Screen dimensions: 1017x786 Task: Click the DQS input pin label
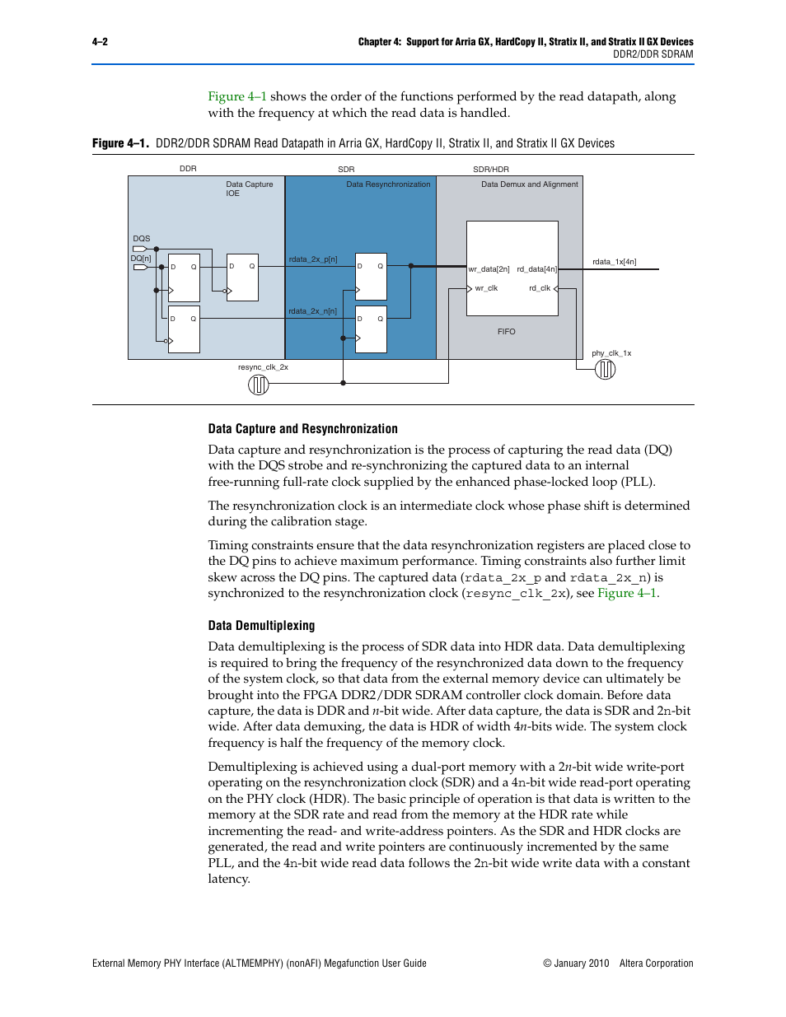(x=142, y=239)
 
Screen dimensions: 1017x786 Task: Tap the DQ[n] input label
(x=141, y=259)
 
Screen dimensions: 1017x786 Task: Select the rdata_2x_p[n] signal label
(x=313, y=259)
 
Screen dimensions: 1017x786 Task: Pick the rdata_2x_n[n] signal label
(x=312, y=311)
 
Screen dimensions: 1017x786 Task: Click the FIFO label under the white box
(x=506, y=332)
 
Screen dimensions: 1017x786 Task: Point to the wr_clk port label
(x=486, y=288)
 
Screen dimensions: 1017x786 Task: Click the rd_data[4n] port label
(x=537, y=269)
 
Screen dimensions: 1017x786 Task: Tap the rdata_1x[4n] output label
(x=614, y=262)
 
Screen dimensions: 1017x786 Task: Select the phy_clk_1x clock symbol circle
(x=606, y=370)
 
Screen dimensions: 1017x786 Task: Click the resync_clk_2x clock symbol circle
(x=259, y=385)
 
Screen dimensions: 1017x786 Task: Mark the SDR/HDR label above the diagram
(x=491, y=169)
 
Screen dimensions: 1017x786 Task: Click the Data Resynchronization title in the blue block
(x=388, y=184)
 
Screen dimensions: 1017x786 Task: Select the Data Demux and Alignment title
(x=530, y=184)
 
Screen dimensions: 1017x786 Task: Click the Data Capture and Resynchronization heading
(x=302, y=429)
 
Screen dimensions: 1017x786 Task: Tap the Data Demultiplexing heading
(x=261, y=626)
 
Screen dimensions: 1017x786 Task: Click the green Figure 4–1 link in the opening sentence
(x=237, y=96)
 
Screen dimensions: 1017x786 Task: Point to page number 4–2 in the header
(x=100, y=42)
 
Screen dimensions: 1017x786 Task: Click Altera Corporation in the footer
(x=656, y=963)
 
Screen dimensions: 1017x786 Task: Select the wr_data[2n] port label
(x=489, y=269)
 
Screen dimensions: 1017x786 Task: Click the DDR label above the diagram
(x=188, y=169)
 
